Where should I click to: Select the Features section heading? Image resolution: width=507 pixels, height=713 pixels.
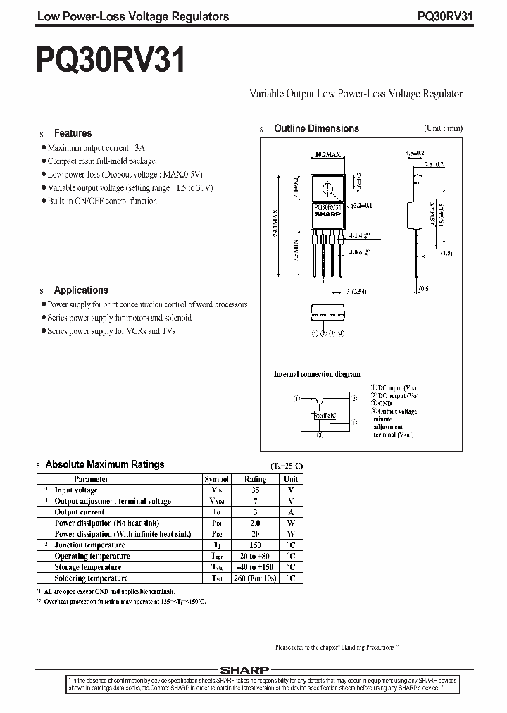tap(73, 133)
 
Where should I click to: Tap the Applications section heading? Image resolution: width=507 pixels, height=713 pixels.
tap(81, 290)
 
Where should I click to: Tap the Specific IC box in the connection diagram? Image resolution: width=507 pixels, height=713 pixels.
tap(325, 416)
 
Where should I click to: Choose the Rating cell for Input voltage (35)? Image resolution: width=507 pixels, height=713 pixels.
tap(255, 490)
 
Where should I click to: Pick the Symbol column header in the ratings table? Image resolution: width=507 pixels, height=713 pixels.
tap(217, 479)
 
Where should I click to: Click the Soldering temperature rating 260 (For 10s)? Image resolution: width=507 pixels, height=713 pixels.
tap(255, 578)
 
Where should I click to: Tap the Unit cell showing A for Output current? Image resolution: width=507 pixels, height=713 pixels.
tap(291, 512)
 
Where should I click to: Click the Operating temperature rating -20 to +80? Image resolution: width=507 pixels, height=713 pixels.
tap(255, 556)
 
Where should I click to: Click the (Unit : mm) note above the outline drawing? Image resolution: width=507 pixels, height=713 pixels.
tap(443, 129)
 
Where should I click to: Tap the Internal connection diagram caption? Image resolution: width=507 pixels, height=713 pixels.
tap(317, 374)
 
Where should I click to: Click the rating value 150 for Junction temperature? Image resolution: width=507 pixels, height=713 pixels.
tap(255, 545)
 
